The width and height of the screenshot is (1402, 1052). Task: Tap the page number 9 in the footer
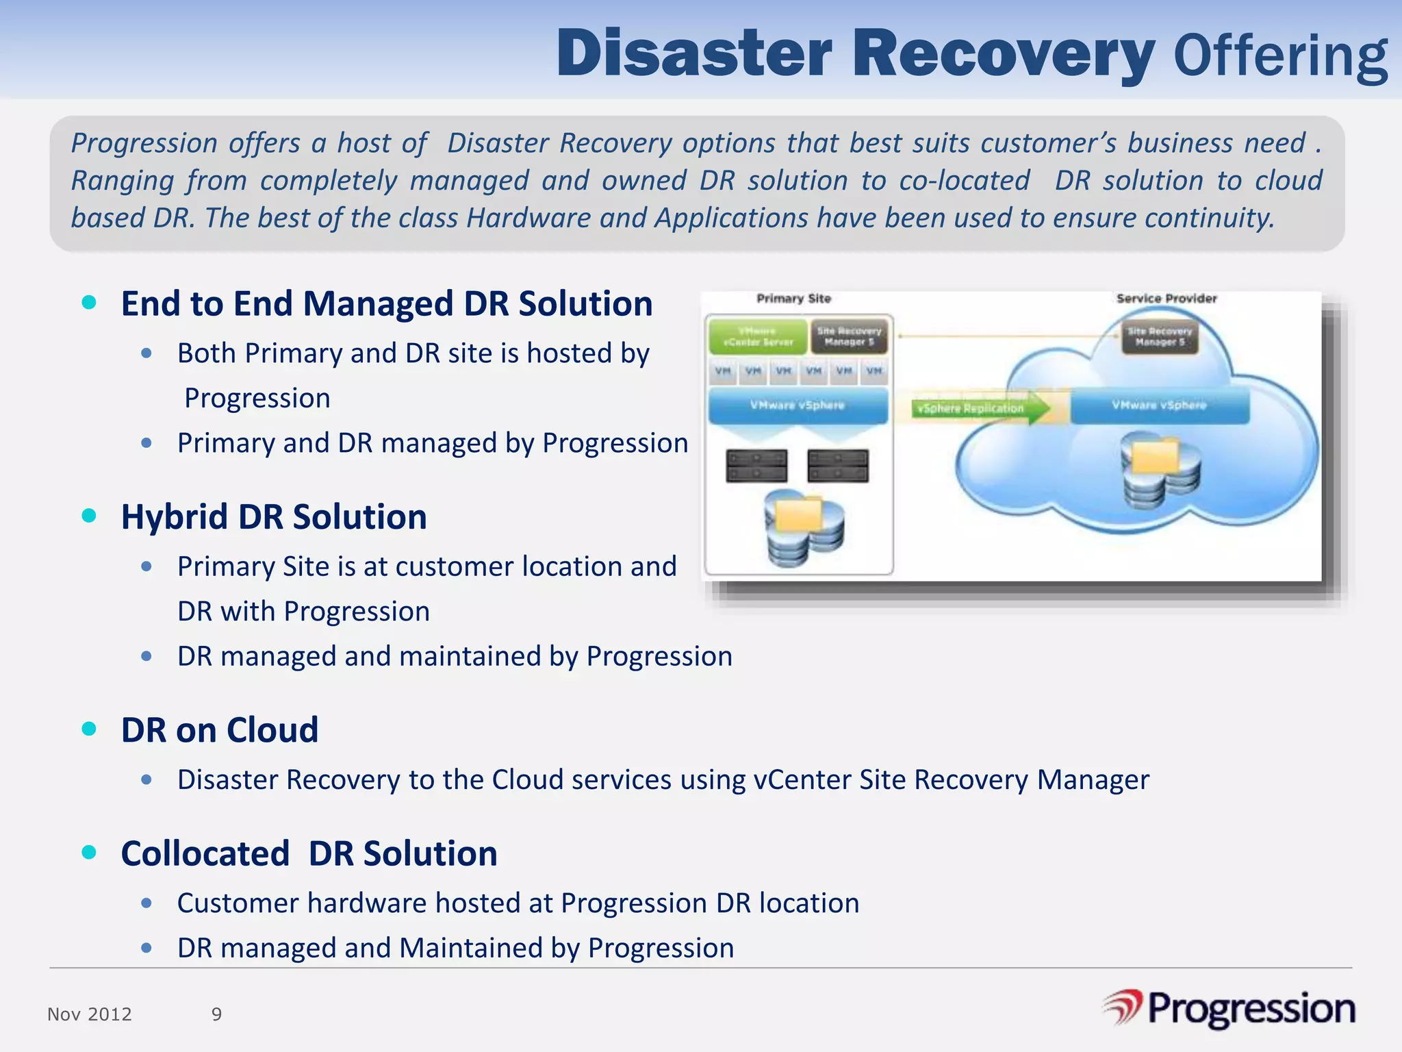click(216, 1014)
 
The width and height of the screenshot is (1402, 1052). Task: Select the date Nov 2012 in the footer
click(89, 1014)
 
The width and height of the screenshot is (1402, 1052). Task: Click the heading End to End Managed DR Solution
click(386, 303)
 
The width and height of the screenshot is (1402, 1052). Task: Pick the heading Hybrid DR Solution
click(274, 516)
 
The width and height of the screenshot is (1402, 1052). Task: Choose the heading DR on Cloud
click(219, 729)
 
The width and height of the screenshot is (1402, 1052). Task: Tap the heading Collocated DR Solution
click(309, 853)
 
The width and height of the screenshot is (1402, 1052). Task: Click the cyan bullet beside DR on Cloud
click(89, 729)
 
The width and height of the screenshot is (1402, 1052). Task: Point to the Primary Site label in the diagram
click(793, 299)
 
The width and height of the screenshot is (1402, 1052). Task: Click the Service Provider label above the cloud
click(1166, 299)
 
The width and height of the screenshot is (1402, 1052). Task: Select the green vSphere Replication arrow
click(979, 408)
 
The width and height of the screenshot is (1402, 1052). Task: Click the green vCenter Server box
click(757, 336)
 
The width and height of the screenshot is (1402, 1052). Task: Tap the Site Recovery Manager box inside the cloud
click(1160, 336)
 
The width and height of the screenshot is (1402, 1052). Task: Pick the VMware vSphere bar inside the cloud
click(1159, 405)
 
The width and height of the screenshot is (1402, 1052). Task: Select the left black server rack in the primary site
click(756, 466)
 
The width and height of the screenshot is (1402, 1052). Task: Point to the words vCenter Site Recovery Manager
click(951, 780)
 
